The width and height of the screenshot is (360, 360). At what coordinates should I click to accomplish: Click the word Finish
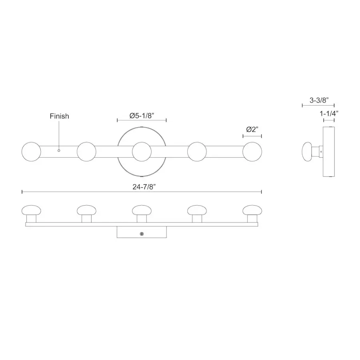click(59, 116)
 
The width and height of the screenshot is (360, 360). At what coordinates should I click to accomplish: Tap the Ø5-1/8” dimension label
click(142, 116)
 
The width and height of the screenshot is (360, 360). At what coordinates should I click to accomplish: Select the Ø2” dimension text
click(252, 130)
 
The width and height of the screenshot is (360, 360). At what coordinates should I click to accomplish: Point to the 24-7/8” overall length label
click(144, 187)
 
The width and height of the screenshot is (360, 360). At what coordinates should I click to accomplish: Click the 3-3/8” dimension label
click(319, 100)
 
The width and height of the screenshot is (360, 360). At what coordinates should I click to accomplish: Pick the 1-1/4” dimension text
click(329, 114)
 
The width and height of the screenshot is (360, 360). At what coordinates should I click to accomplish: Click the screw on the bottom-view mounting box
click(142, 234)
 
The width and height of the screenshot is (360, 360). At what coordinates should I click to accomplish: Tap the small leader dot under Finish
click(59, 150)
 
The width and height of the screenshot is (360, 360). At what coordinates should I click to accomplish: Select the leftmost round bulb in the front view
click(31, 152)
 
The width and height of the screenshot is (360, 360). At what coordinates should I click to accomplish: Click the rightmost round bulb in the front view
click(252, 152)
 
